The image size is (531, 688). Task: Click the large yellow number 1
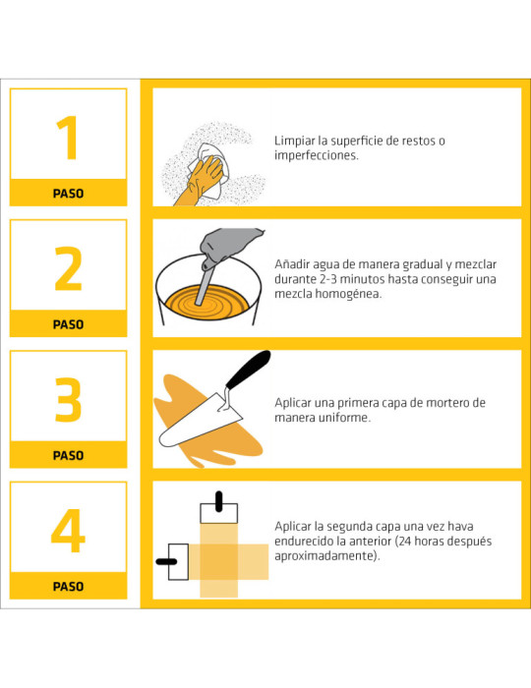(69, 138)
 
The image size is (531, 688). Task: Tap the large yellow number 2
(69, 268)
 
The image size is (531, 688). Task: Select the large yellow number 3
(69, 399)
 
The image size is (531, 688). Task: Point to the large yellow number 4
(68, 530)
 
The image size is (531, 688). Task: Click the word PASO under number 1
(68, 194)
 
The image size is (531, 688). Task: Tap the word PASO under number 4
(68, 587)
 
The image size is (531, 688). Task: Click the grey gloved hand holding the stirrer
(228, 246)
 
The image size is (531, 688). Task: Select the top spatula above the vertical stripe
(219, 509)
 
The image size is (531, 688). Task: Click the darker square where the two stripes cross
(219, 562)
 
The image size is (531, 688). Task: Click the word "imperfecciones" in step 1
(316, 155)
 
